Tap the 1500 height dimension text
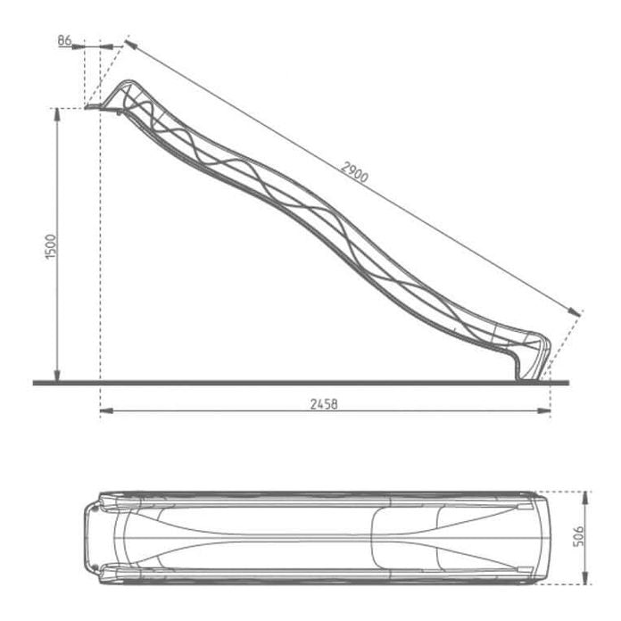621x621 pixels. click(x=51, y=246)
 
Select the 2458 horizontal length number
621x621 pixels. click(x=324, y=404)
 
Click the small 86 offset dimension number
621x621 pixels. click(x=63, y=41)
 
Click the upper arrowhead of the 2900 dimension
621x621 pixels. click(x=130, y=42)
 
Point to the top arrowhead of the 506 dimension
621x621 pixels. click(x=586, y=493)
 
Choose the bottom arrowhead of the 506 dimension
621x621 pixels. click(x=586, y=581)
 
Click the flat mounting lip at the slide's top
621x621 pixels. click(x=95, y=108)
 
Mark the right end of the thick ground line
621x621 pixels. click(x=565, y=383)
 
